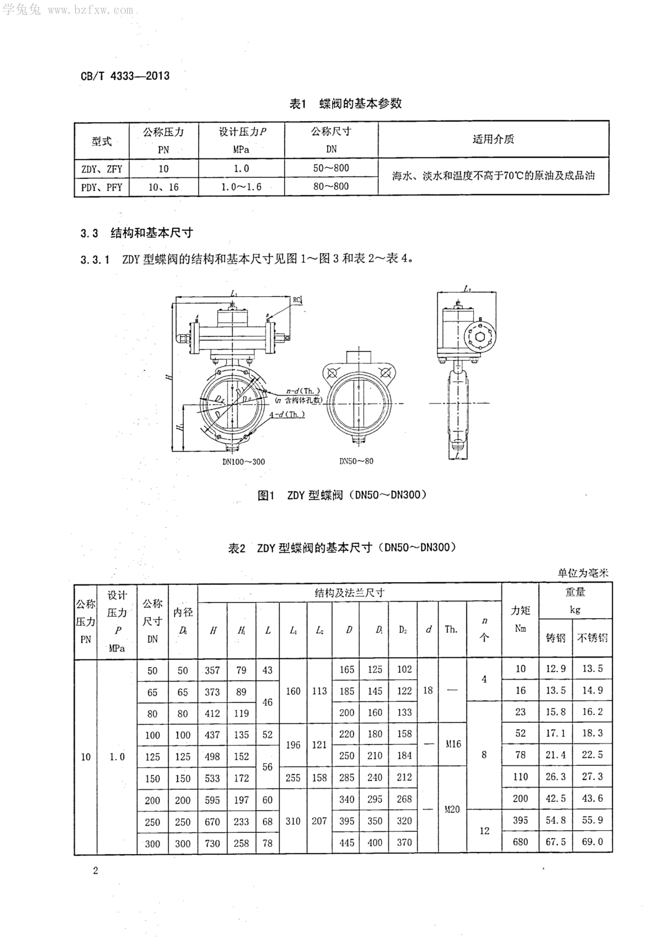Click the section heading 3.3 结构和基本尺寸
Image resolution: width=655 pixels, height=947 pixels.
(x=137, y=233)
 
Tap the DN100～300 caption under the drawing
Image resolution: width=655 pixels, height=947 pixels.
(x=243, y=461)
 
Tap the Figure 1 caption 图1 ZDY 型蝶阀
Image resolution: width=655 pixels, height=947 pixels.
(x=342, y=495)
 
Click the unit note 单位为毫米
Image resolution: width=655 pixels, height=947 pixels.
(x=583, y=573)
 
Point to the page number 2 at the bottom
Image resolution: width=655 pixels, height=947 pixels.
(x=96, y=871)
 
